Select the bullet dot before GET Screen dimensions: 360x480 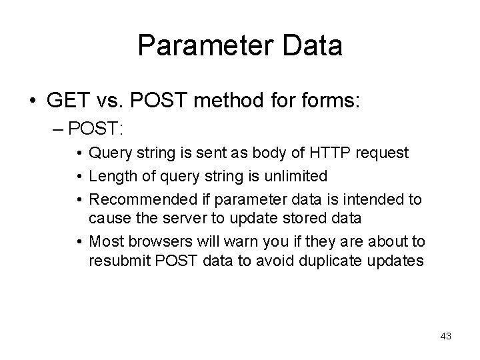pos(33,102)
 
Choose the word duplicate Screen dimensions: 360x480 pos(332,260)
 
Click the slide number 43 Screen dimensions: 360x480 pos(446,336)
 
